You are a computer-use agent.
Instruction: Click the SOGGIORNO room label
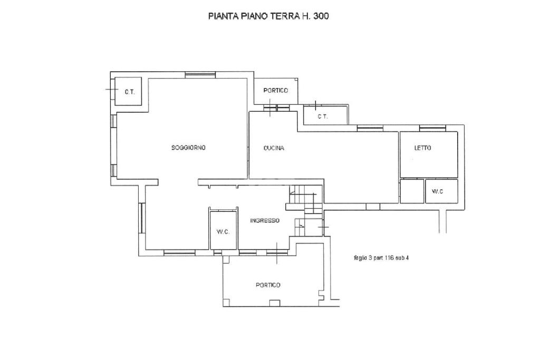coord(188,148)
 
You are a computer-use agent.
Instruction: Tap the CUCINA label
coord(274,148)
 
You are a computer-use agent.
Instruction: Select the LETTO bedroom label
coord(422,148)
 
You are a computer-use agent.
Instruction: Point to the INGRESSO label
coord(265,221)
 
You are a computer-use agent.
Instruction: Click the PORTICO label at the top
coord(275,91)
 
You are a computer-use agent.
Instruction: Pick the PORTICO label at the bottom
coord(268,285)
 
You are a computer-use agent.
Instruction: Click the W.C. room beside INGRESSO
coord(223,230)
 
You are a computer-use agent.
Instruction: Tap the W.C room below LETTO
coord(441,191)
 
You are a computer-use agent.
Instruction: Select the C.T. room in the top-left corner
coord(128,91)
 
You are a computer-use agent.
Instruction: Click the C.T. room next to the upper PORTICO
coord(325,115)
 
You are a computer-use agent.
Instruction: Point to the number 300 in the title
coord(321,16)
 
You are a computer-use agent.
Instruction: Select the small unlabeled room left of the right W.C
coord(412,191)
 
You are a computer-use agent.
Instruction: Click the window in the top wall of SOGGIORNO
coord(200,75)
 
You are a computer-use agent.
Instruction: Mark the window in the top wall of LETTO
coord(432,128)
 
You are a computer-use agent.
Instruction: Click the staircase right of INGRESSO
coord(306,211)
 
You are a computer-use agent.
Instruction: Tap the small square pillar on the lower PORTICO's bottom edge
coord(274,303)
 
